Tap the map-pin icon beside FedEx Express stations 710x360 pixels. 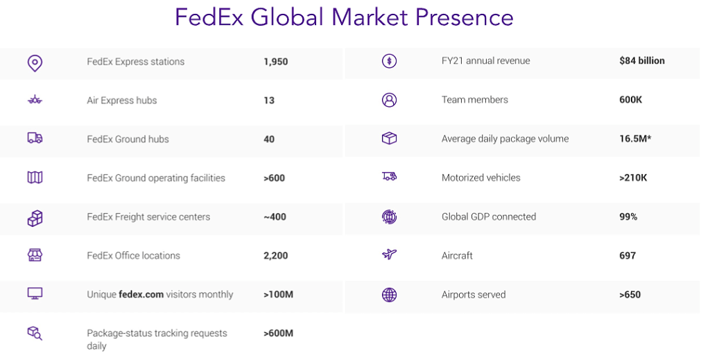[x=35, y=62]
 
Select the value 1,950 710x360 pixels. [x=275, y=62]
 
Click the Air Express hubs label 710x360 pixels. [x=122, y=101]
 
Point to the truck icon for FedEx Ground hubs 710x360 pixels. [x=35, y=139]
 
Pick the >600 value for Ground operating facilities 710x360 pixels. [x=274, y=178]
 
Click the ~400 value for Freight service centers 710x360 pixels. [x=275, y=217]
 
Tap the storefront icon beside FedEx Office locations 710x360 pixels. [x=35, y=255]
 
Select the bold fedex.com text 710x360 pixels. [x=141, y=295]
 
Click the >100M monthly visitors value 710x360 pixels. [x=278, y=295]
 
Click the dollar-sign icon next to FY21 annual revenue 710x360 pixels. [x=390, y=61]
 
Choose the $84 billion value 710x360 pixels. [x=642, y=61]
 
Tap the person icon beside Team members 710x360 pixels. [x=390, y=100]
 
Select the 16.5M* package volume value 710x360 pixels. [x=635, y=139]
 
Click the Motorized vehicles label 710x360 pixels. [x=480, y=178]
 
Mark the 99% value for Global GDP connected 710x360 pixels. [x=628, y=217]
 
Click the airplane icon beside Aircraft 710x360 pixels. [x=390, y=255]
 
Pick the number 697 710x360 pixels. [x=627, y=256]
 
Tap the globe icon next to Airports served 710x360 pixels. [x=390, y=295]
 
